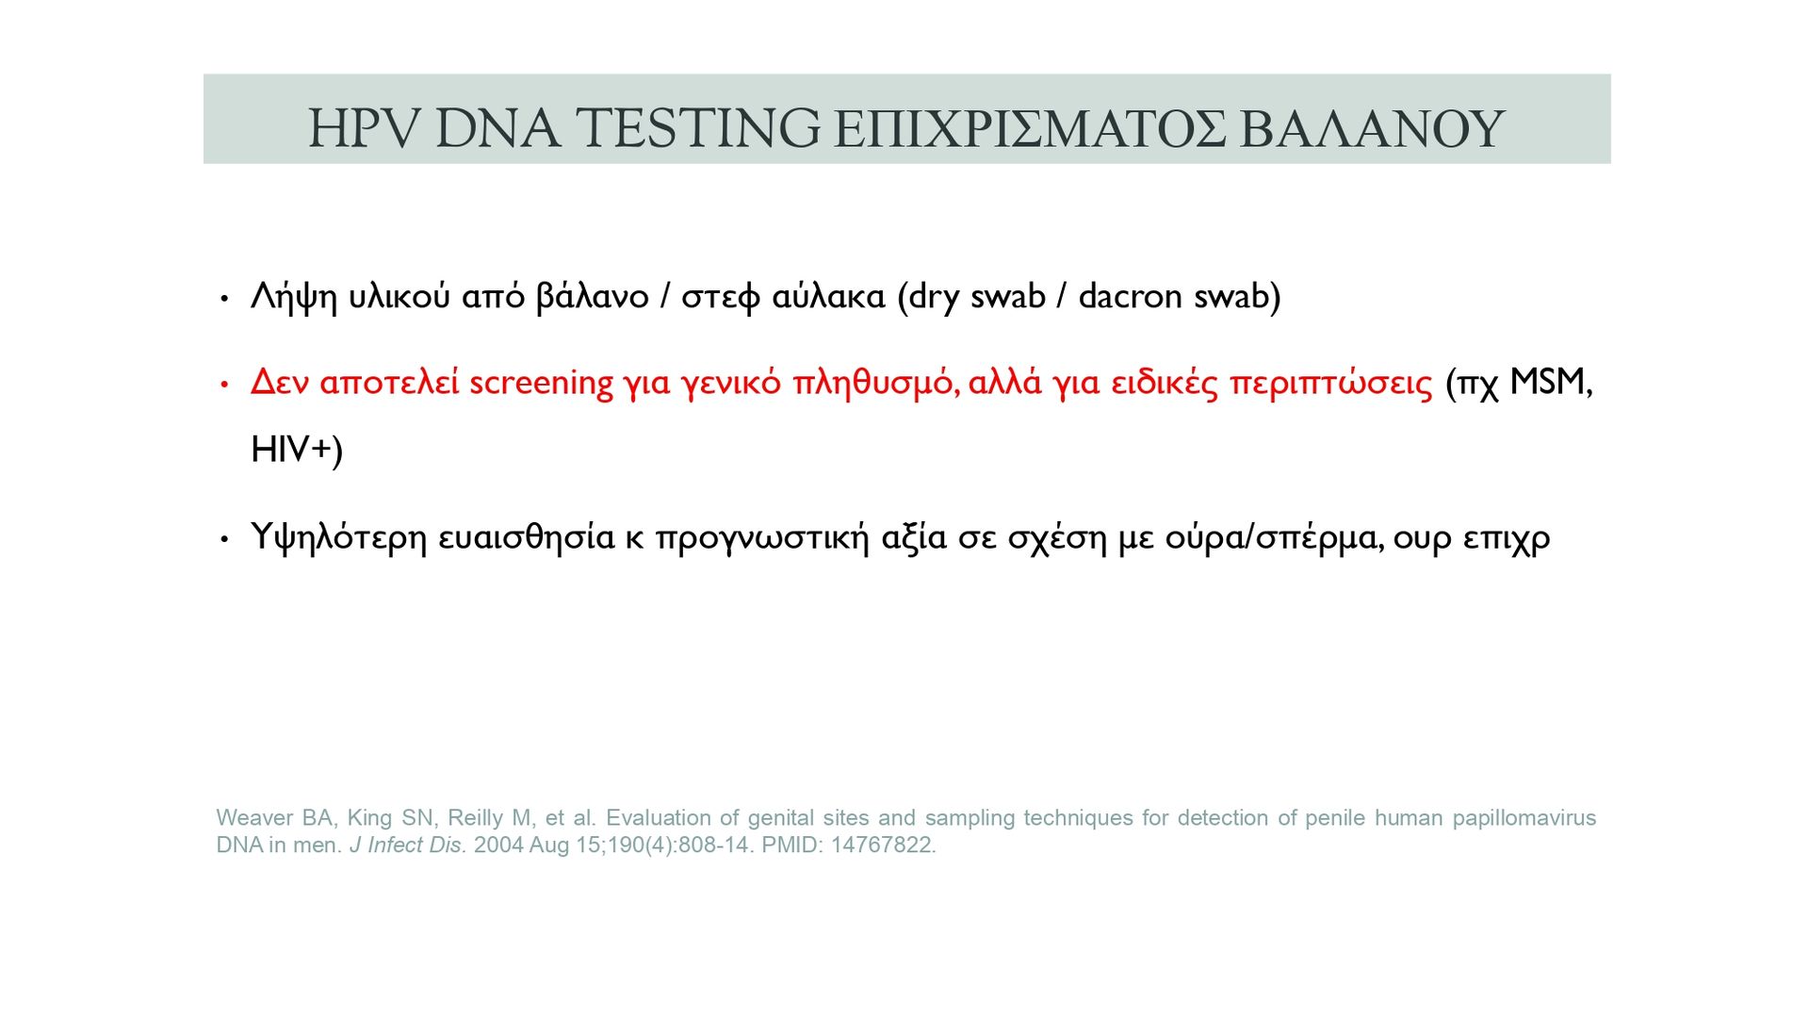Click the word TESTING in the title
[697, 128]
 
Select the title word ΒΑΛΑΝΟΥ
[1372, 128]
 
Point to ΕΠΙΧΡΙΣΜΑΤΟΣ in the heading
[1030, 128]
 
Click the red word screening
[541, 384]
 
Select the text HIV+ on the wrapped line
[292, 450]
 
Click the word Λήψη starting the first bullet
[294, 298]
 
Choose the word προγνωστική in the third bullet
[762, 537]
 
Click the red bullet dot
[224, 385]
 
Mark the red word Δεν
[280, 382]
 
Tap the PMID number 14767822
[883, 846]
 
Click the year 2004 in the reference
[498, 846]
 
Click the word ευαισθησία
[527, 537]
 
